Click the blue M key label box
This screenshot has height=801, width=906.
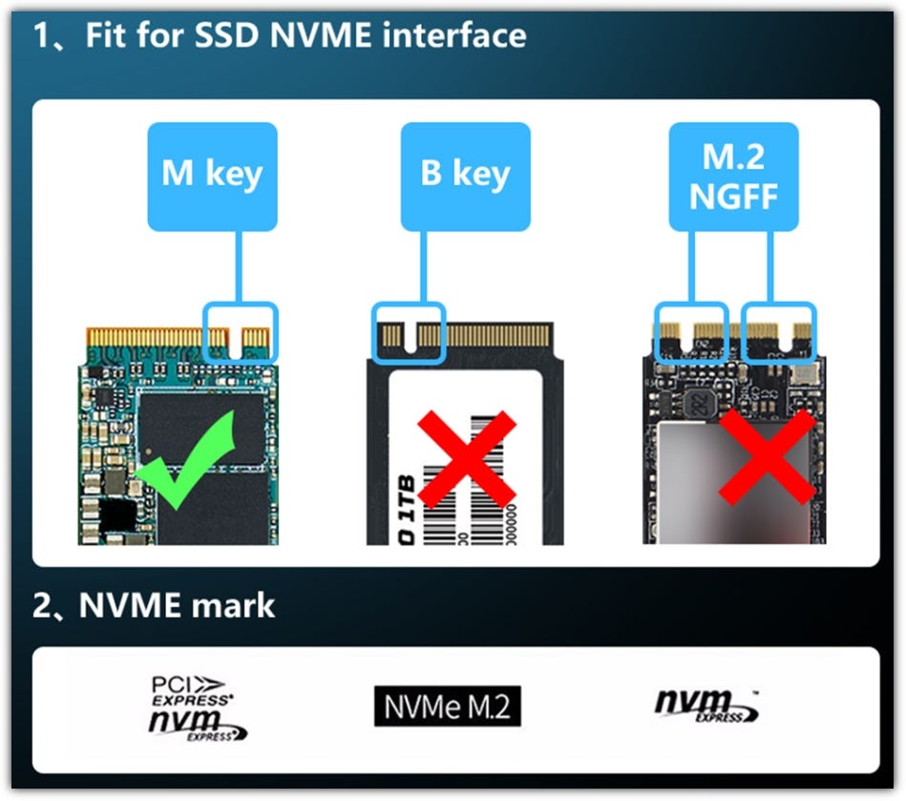point(212,176)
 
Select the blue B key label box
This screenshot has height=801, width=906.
point(466,176)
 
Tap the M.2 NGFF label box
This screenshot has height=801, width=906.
point(733,177)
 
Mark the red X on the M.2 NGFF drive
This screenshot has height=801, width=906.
point(767,456)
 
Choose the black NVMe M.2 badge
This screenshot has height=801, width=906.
point(448,707)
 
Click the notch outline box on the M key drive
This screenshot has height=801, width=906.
point(242,329)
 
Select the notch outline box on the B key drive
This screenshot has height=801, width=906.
point(408,333)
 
